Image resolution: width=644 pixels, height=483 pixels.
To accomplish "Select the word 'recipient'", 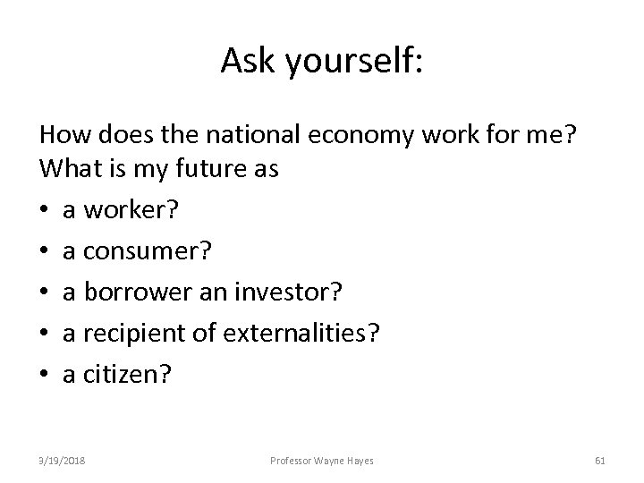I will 140,334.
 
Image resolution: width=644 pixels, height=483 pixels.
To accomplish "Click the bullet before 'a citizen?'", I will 45,375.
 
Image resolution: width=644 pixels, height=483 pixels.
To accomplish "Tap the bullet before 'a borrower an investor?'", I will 45,293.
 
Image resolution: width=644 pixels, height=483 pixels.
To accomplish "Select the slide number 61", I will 600,461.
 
